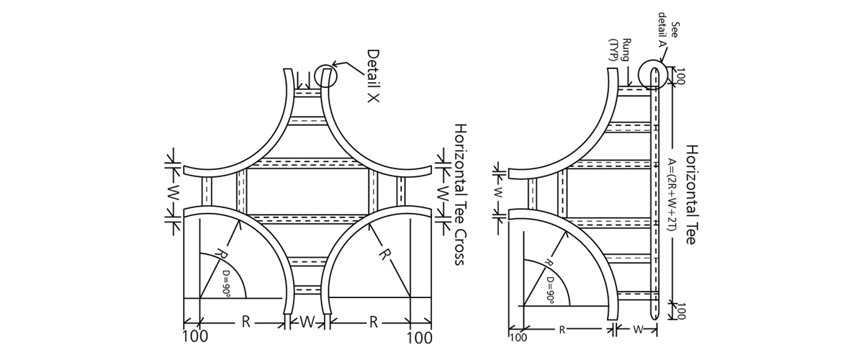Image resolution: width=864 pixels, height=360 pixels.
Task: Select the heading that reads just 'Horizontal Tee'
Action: pyautogui.click(x=691, y=194)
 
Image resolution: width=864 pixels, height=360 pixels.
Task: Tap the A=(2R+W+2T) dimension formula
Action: pyautogui.click(x=672, y=194)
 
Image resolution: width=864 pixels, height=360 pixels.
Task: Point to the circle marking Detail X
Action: pyautogui.click(x=325, y=76)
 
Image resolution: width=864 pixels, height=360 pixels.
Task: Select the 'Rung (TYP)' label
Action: pyautogui.click(x=620, y=50)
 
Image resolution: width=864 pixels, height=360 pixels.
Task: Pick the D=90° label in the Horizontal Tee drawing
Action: pyautogui.click(x=552, y=279)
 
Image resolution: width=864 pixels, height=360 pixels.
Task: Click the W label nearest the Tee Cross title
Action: pyautogui.click(x=444, y=193)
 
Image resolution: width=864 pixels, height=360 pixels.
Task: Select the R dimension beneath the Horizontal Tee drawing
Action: pyautogui.click(x=562, y=330)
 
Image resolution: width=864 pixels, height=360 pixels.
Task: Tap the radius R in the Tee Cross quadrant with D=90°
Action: pyautogui.click(x=220, y=256)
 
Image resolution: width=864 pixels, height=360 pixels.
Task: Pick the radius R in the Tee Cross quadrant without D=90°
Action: pyautogui.click(x=384, y=254)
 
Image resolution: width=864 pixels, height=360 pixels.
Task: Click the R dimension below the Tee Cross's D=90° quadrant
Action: pyautogui.click(x=246, y=322)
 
